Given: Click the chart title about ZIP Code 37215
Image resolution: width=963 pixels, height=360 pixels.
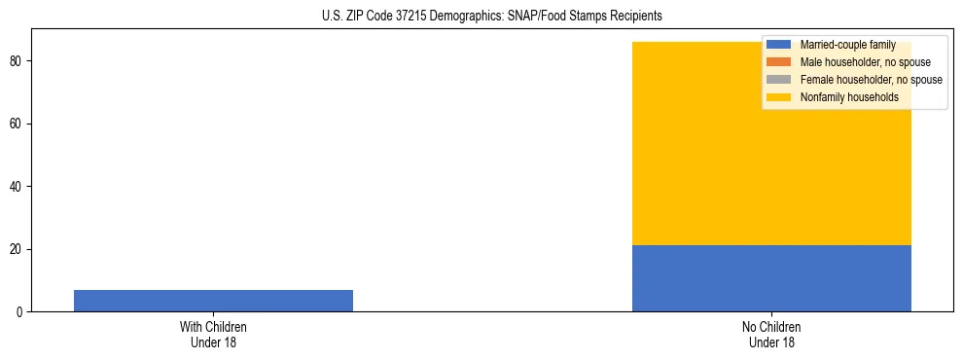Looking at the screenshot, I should (491, 16).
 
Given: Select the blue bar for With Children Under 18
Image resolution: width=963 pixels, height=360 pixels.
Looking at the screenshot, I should (213, 301).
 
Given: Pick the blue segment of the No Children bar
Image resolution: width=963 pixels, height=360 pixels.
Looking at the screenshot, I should (771, 278).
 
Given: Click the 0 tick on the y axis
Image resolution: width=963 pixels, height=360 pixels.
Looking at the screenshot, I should (19, 312).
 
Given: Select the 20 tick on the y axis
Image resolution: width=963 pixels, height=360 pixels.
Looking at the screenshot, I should (17, 249).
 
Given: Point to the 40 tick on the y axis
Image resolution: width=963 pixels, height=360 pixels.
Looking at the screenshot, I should (17, 187).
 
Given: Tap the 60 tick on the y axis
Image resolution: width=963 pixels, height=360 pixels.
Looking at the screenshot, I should (17, 124).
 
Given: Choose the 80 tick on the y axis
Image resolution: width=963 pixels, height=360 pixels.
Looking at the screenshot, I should (17, 61).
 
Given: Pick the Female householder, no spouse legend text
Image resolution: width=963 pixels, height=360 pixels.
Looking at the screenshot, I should (871, 80).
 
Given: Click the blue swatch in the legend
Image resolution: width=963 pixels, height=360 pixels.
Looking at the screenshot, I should (779, 45).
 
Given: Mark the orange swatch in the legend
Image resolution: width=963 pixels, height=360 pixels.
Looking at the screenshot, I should (779, 62).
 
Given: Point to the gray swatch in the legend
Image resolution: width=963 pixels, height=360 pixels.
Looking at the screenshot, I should (779, 80).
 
